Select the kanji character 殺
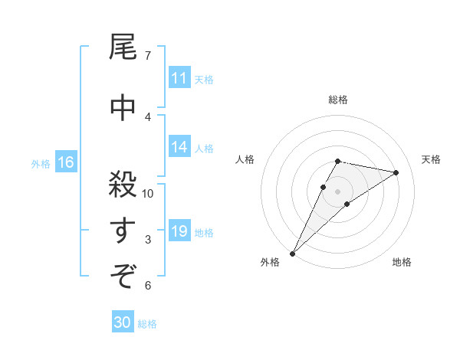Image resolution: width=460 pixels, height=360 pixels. coord(123,183)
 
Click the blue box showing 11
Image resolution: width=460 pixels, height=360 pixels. coord(179,78)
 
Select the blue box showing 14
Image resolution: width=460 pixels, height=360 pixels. coord(179,148)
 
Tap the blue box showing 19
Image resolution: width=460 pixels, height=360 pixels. coord(179,231)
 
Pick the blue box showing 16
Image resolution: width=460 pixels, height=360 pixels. coord(66,162)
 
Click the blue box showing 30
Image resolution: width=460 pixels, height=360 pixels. coord(123,323)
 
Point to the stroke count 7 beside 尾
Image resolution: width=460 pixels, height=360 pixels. coord(147,56)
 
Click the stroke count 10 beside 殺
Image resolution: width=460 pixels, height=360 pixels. coord(148,193)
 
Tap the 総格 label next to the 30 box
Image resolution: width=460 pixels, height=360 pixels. coord(147,324)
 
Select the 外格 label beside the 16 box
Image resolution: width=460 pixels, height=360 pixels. coord(41,163)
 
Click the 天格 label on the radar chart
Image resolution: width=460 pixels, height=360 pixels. coord(431,159)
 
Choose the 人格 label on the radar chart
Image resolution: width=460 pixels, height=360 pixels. coord(245,159)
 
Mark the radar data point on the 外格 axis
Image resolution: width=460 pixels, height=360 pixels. coord(292,253)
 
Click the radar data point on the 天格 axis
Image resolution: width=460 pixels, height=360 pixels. coord(396,172)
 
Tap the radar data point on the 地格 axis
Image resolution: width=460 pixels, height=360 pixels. coord(347,204)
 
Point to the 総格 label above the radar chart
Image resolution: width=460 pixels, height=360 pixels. coord(337,100)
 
